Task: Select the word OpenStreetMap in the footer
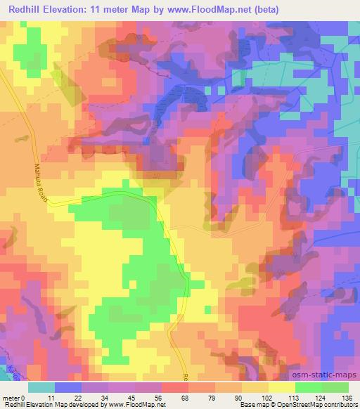pyautogui.click(x=298, y=405)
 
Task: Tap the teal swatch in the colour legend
pyautogui.click(x=41, y=387)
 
